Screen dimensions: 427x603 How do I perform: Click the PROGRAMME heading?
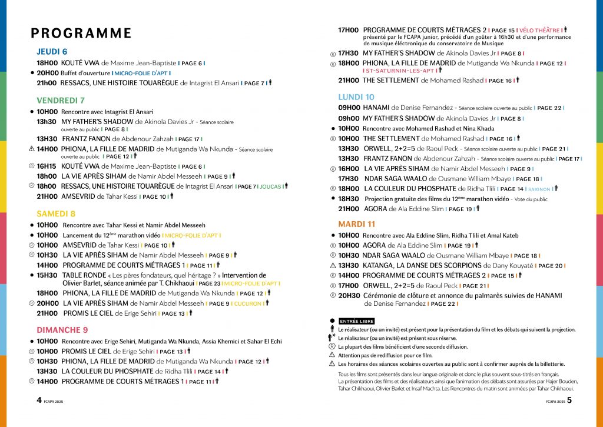coord(81,33)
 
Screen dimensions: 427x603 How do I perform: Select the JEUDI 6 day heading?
coord(52,51)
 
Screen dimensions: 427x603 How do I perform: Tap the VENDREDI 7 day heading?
coord(61,100)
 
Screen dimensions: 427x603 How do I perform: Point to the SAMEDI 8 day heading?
coord(56,213)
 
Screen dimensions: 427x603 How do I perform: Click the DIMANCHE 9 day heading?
coord(62,329)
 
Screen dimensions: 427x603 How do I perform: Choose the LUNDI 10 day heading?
coord(356,97)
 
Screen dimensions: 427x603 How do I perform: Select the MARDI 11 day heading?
coord(356,224)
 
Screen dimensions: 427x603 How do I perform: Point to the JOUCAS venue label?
coord(271,186)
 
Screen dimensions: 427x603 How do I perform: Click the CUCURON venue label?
coord(249,303)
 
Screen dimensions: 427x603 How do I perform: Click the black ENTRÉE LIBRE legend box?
coord(356,321)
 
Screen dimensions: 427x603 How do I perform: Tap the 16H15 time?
coord(47,166)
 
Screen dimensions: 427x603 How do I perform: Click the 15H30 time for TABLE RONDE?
coord(47,275)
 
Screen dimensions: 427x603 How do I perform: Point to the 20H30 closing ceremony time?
coord(349,295)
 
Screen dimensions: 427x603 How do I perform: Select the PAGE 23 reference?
coord(209,283)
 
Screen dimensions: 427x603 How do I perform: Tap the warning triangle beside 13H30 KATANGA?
coord(332,266)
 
